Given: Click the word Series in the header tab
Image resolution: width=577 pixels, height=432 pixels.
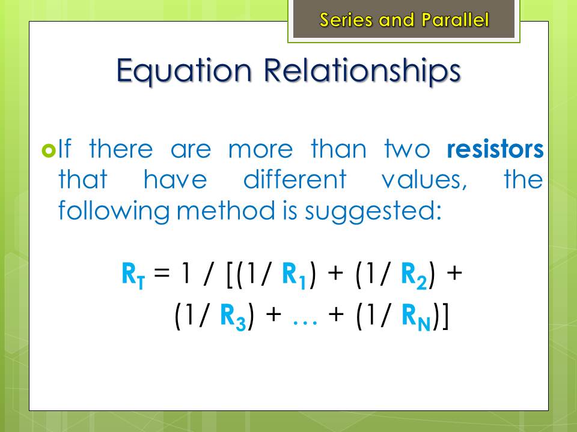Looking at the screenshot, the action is click(x=346, y=19).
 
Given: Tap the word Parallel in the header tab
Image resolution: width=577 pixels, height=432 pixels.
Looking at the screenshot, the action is click(x=455, y=19).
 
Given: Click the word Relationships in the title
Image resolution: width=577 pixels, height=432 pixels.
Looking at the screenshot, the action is click(x=362, y=71).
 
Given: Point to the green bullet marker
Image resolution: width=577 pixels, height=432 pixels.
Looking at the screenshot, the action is click(x=49, y=150).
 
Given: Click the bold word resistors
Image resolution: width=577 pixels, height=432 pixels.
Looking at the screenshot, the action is click(x=495, y=149).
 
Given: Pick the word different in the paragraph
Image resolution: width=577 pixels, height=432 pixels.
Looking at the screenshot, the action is click(x=295, y=179).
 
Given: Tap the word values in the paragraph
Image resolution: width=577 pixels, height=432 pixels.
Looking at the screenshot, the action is click(x=424, y=180).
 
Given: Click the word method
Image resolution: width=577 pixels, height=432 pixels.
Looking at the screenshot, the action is click(x=225, y=211).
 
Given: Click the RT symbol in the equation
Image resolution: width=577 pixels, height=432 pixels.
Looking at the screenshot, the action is click(x=133, y=275).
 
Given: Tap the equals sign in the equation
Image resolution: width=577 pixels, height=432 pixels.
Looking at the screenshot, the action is click(x=162, y=273).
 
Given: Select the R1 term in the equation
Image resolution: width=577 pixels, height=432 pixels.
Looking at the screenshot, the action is click(x=294, y=275).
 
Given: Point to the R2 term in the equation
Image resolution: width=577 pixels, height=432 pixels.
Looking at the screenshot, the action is click(x=414, y=275).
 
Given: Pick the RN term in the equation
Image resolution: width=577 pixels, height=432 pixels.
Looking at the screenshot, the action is click(x=416, y=317).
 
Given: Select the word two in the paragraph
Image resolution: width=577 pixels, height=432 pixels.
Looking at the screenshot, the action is click(x=407, y=150).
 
